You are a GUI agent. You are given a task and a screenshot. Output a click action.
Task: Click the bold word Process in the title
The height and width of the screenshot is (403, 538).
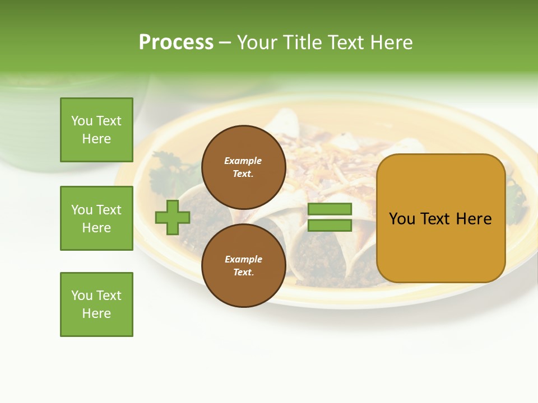(176, 43)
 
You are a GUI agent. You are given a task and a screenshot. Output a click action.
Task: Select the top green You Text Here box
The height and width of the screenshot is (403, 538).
(96, 130)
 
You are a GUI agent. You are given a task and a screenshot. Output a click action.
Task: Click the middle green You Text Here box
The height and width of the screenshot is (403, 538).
(96, 218)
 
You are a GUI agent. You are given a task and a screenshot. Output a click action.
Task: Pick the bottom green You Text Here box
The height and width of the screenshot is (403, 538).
(96, 304)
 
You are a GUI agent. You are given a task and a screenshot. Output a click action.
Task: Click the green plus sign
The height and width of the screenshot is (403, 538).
(173, 217)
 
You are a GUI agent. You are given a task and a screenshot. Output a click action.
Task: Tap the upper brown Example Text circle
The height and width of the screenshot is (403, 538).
(243, 167)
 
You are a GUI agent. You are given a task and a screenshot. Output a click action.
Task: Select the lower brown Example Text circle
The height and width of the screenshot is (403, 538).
(243, 265)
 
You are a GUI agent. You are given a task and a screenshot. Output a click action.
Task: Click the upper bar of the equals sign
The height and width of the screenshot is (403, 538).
(330, 209)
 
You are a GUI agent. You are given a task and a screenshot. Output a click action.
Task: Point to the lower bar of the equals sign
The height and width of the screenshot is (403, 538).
(330, 226)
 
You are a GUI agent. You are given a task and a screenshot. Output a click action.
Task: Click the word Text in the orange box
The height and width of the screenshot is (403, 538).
(440, 219)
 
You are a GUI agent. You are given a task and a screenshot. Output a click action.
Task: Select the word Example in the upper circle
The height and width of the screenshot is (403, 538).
(243, 161)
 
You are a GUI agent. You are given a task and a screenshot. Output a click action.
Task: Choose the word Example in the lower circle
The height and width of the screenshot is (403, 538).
(243, 260)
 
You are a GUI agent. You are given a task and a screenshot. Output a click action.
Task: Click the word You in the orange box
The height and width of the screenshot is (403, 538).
(402, 219)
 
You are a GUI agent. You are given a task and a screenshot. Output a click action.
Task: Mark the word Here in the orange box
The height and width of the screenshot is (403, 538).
(474, 219)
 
